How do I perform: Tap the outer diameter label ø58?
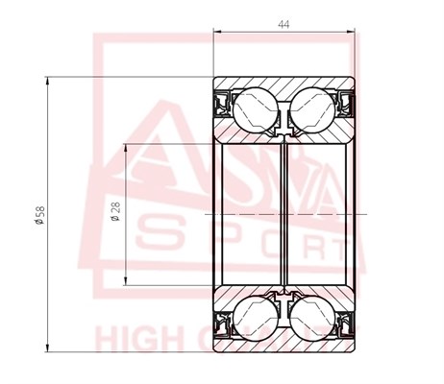pos(36,217)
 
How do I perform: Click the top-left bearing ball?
pos(252,108)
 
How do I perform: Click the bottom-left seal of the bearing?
pos(220,324)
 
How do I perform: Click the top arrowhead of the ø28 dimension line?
pos(129,144)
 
